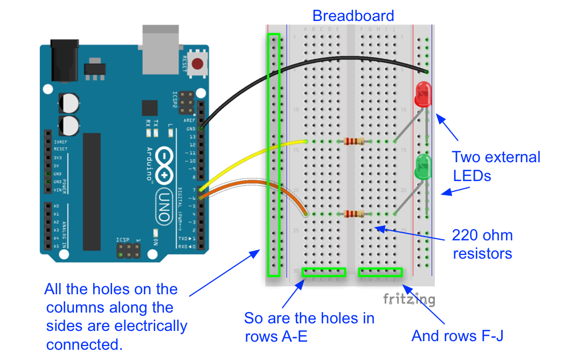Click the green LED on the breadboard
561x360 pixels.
[423, 167]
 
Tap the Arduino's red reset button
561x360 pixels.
[199, 64]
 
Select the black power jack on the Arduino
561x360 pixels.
[64, 59]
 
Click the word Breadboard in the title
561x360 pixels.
[353, 16]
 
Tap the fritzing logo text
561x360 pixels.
[409, 299]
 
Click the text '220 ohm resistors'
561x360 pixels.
[482, 244]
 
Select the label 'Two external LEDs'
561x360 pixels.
[495, 166]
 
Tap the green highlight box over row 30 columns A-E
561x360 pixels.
[324, 272]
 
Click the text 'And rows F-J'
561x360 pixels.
[457, 336]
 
